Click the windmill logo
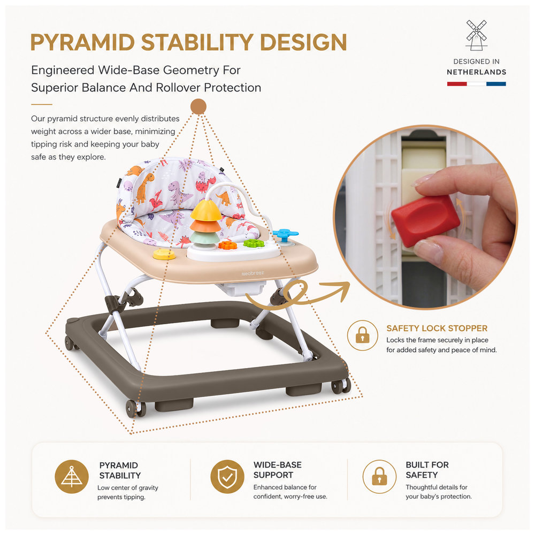(x=476, y=35)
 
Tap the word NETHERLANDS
(x=476, y=72)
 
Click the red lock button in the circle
(x=425, y=221)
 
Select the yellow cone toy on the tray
(x=206, y=210)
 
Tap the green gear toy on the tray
(x=254, y=243)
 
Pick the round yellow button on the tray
(x=164, y=254)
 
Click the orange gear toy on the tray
(x=227, y=244)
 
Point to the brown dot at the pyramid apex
(x=198, y=106)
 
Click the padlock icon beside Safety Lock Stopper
(x=362, y=335)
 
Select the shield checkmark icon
(x=227, y=476)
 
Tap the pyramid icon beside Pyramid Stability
(x=72, y=476)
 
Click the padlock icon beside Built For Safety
(x=379, y=476)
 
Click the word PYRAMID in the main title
(x=82, y=42)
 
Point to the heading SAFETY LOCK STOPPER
(x=437, y=328)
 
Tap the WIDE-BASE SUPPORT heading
(x=277, y=470)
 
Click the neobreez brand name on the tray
(x=253, y=273)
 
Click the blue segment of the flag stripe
(x=496, y=83)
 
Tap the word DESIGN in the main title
(x=303, y=42)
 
